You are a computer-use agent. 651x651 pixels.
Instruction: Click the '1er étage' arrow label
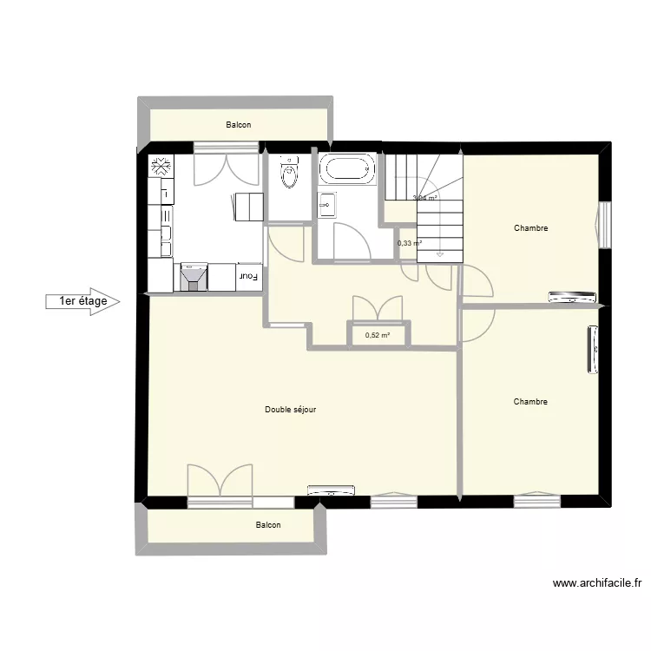[82, 301]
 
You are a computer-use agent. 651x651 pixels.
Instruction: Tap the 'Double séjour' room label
[290, 409]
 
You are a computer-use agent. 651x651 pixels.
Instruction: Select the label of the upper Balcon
[239, 125]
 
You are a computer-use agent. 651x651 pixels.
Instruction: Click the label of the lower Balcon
[268, 525]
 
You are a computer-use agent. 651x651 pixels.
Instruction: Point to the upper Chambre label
[530, 228]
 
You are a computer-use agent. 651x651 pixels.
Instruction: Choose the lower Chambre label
[530, 402]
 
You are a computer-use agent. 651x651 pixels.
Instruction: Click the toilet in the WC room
[288, 174]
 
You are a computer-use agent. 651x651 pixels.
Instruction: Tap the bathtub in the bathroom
[346, 168]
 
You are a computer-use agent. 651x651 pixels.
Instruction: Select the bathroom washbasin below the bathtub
[327, 204]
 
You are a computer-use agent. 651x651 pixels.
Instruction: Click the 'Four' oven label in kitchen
[249, 277]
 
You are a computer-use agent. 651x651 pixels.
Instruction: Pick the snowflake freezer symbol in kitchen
[161, 167]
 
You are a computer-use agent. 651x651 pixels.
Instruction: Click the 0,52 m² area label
[378, 335]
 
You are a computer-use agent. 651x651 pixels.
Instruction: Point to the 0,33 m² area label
[409, 243]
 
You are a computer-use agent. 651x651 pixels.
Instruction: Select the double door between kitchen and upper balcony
[227, 164]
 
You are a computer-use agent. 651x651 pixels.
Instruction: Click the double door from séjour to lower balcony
[220, 483]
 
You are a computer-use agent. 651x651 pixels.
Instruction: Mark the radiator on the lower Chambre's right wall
[594, 352]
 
